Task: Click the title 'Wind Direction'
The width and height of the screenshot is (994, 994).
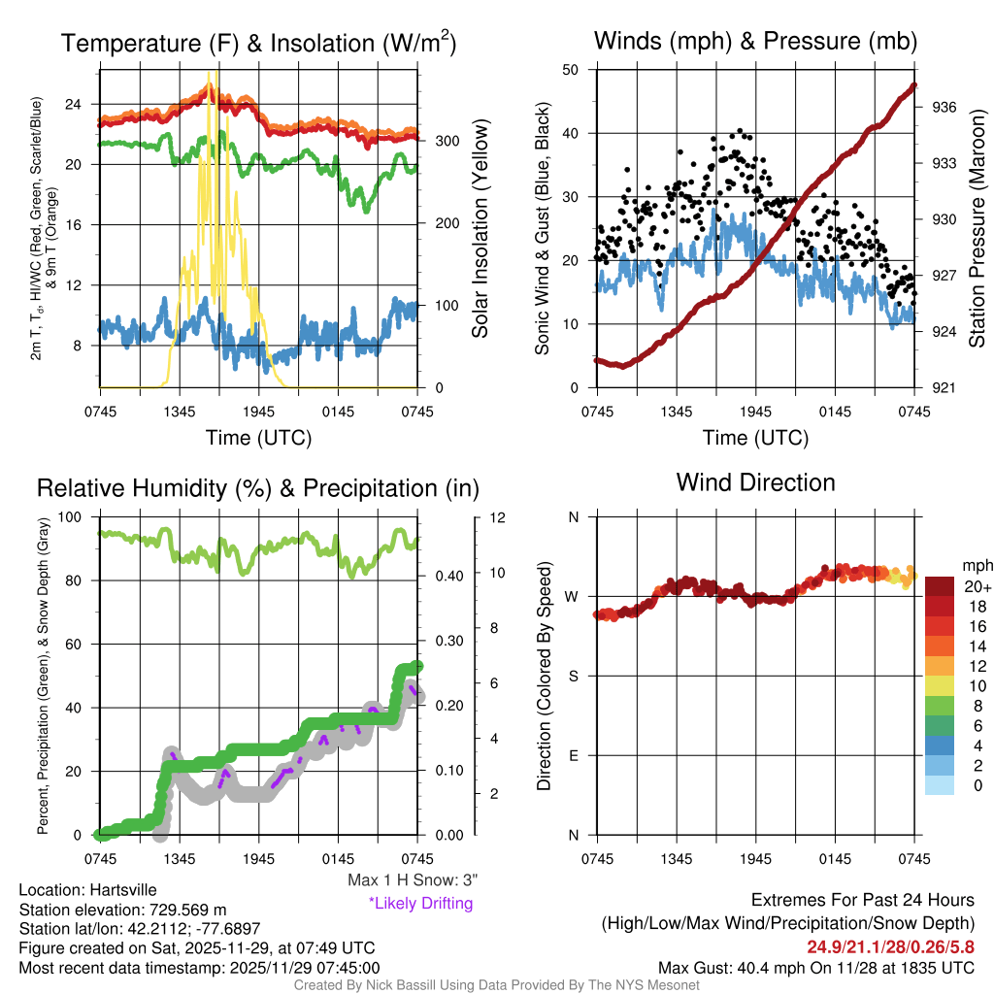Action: click(755, 482)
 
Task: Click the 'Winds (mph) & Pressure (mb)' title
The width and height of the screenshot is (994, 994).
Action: click(755, 41)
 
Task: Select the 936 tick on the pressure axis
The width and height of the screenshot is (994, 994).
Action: click(945, 107)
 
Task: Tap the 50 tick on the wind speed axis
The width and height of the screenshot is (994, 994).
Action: click(571, 70)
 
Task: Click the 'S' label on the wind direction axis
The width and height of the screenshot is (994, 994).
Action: click(573, 676)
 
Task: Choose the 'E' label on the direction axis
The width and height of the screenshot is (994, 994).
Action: click(573, 755)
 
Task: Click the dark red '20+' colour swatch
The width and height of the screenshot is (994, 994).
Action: click(942, 586)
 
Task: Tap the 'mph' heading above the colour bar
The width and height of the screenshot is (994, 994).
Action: click(976, 565)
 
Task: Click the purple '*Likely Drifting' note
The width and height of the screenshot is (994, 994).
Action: click(420, 903)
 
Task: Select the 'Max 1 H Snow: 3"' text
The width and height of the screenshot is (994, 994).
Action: click(413, 880)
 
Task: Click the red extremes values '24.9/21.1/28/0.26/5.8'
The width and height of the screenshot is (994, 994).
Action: click(890, 945)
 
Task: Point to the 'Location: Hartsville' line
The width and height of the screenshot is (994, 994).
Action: click(87, 889)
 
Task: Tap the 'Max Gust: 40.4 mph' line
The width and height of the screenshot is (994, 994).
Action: click(815, 967)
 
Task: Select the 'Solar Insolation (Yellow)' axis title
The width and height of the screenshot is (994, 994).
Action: click(480, 228)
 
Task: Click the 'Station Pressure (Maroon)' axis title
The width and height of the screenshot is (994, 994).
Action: click(977, 229)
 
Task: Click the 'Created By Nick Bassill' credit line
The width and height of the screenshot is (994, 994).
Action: click(497, 984)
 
